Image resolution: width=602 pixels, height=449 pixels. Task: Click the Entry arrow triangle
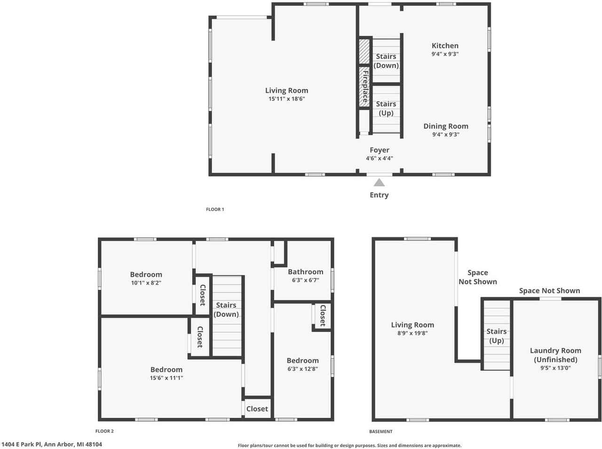tap(379, 183)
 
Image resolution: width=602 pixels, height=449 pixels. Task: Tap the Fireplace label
tap(365, 87)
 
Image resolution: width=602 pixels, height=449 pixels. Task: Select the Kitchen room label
tap(445, 46)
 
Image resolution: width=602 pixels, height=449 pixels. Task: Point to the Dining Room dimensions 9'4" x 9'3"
tap(445, 135)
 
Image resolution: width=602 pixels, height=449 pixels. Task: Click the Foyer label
tap(379, 150)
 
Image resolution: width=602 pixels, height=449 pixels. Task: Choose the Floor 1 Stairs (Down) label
tap(386, 61)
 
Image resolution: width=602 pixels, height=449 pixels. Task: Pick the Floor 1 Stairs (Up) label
tap(386, 108)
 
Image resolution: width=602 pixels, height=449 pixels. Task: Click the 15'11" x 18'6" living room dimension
tap(286, 99)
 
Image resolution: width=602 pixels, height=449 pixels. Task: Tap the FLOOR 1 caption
tap(215, 209)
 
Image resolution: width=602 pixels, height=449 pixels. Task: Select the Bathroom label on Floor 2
tap(305, 272)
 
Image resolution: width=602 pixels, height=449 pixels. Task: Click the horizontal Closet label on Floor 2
tap(257, 409)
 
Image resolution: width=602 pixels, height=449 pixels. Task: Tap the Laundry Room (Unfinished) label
tap(555, 355)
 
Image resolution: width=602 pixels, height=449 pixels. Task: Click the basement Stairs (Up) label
tap(496, 336)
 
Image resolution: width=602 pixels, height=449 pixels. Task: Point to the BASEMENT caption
tap(380, 432)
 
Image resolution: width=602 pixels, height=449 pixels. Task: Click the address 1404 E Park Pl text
tap(51, 444)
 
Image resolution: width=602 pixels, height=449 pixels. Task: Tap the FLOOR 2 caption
tap(104, 431)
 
